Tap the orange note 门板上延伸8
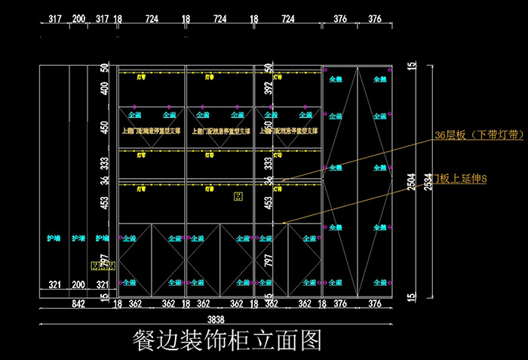tap(458, 178)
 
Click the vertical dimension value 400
tap(105, 89)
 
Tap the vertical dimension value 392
tap(269, 89)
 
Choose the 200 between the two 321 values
tap(78, 285)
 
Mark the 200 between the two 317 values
tap(78, 18)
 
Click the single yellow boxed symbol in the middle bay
tap(238, 198)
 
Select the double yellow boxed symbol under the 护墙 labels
tap(102, 266)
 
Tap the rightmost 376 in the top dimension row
tap(375, 18)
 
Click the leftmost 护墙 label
tap(54, 238)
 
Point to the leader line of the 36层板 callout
tap(355, 158)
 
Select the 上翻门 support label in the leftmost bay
tap(151, 131)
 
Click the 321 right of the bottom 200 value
tap(103, 285)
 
